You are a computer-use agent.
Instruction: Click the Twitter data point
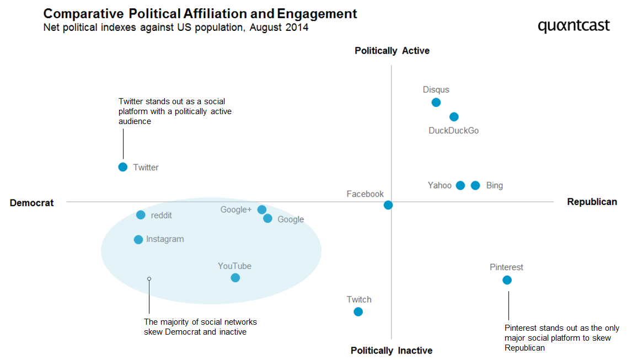click(x=123, y=167)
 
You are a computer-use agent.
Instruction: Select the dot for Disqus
click(x=436, y=103)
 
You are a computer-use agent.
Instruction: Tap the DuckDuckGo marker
click(x=454, y=117)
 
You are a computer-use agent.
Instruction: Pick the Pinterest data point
click(x=507, y=280)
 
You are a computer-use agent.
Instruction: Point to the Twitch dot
click(x=358, y=312)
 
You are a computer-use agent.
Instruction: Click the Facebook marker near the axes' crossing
click(x=388, y=205)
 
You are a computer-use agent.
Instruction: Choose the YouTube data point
click(x=235, y=278)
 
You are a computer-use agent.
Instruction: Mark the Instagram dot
click(x=138, y=240)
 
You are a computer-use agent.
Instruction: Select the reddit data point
click(x=141, y=215)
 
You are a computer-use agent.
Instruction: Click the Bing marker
click(x=475, y=185)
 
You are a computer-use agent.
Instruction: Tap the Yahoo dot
click(x=460, y=185)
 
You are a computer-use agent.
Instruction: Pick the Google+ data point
click(x=262, y=209)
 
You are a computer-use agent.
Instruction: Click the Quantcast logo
click(x=574, y=26)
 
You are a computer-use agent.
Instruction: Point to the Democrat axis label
click(x=32, y=203)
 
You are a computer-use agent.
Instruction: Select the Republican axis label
click(x=592, y=202)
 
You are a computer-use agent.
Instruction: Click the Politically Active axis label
click(x=392, y=51)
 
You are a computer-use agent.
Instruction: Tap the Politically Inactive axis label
click(x=392, y=351)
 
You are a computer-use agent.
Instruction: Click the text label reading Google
click(x=291, y=219)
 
